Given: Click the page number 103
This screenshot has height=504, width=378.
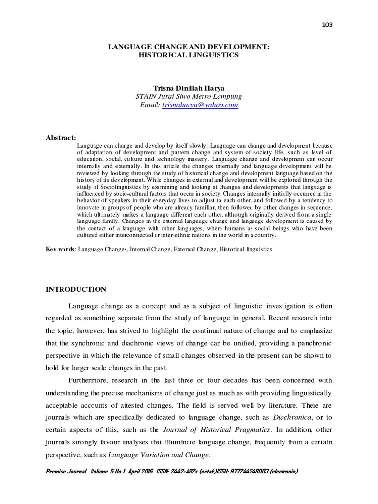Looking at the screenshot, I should tap(327, 25).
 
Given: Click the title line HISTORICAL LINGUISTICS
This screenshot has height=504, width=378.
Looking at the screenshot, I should tap(189, 55).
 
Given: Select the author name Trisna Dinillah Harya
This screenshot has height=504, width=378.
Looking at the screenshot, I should tap(189, 88).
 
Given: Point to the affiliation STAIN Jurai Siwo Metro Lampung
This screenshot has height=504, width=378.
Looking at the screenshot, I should tap(189, 96).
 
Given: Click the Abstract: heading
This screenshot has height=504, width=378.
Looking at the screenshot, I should tap(61, 137).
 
